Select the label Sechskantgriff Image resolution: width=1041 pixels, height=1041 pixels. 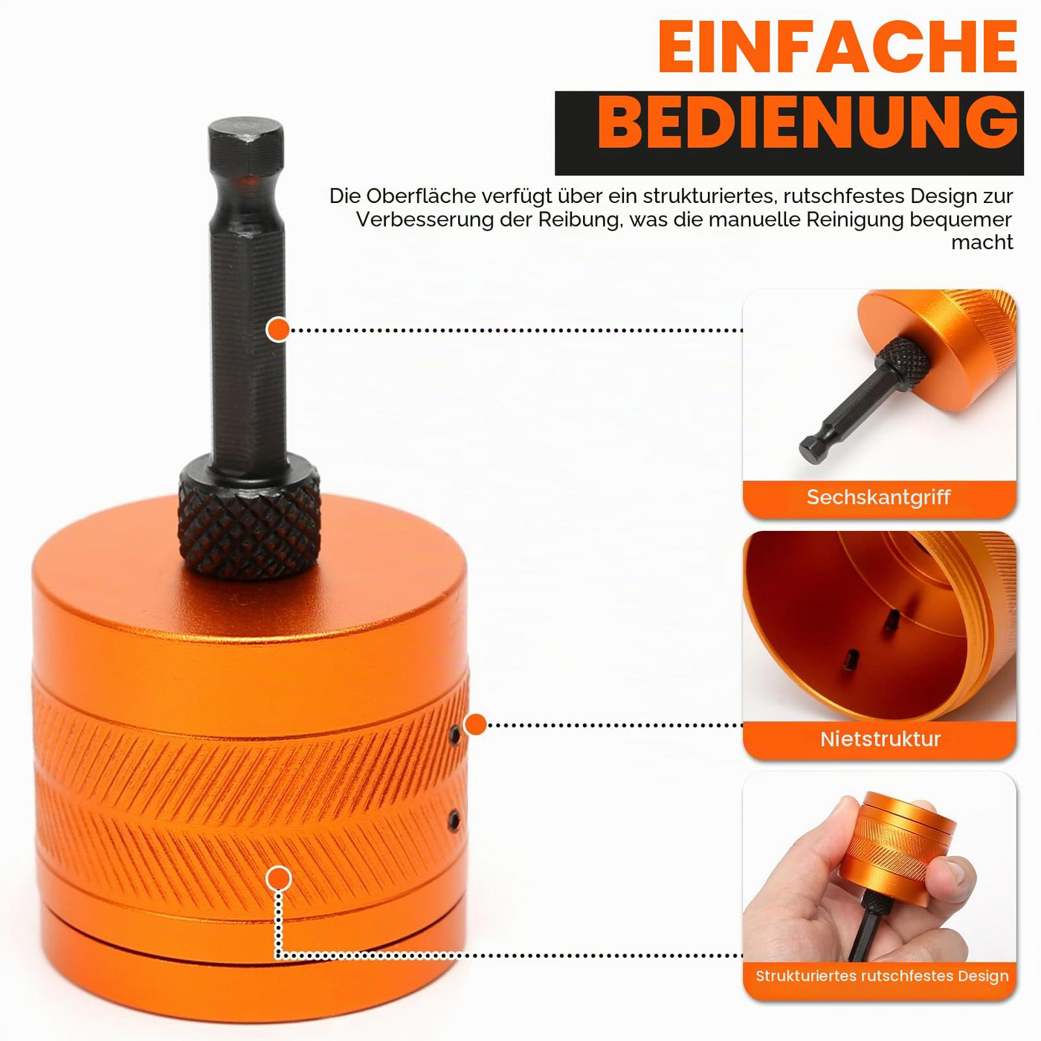878,497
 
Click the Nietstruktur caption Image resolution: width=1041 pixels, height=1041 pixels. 880,739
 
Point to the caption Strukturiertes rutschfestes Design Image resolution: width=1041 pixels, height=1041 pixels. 882,976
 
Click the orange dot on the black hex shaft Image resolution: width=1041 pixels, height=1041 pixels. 278,329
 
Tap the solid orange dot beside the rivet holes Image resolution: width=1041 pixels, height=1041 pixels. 475,724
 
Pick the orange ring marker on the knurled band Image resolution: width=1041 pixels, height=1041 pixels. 279,879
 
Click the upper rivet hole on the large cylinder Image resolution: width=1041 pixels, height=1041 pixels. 455,734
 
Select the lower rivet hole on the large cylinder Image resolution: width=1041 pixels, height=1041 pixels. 454,821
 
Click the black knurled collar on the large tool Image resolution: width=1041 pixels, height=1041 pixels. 249,520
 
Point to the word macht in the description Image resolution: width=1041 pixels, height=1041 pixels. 982,242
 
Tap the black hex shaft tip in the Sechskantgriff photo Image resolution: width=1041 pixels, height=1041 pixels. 810,448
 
